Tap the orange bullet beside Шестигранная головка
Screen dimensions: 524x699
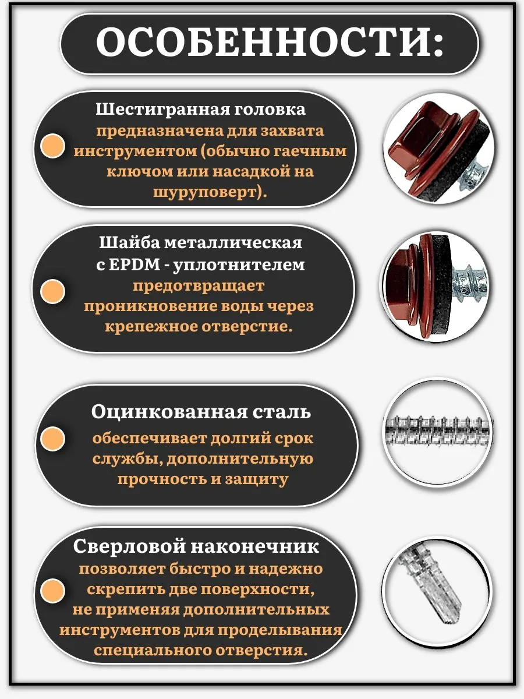coord(53,146)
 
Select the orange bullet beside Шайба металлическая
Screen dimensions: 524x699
coord(53,291)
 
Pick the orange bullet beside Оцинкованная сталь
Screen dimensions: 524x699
coord(53,439)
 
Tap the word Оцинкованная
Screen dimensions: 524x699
coord(169,412)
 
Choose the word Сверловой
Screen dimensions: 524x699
coord(129,546)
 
